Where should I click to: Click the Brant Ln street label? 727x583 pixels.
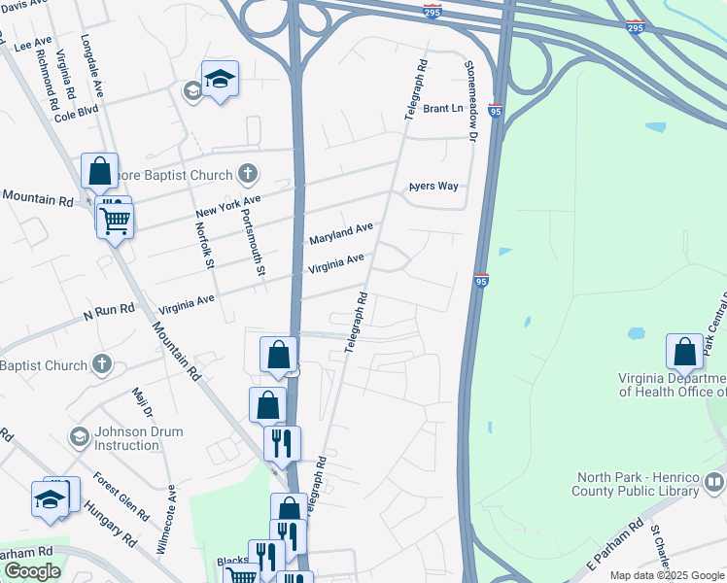[x=443, y=108]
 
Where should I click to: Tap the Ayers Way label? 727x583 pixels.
[x=433, y=186]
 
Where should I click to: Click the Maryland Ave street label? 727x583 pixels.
[x=341, y=233]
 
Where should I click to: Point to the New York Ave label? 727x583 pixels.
[x=228, y=206]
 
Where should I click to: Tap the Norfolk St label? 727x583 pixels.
[x=203, y=245]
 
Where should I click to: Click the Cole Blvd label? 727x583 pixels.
[x=77, y=114]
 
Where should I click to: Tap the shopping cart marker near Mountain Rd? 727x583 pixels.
[x=115, y=221]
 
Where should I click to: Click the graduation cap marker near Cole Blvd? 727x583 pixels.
[x=220, y=79]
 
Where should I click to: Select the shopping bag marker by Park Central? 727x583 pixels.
[x=684, y=352]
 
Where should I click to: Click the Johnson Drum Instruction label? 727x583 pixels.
[x=126, y=438]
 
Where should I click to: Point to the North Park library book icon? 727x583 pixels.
[x=714, y=481]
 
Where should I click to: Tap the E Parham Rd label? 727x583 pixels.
[x=610, y=543]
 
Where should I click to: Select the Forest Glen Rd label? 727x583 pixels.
[x=121, y=496]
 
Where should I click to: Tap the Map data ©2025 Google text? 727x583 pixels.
[x=667, y=575]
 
